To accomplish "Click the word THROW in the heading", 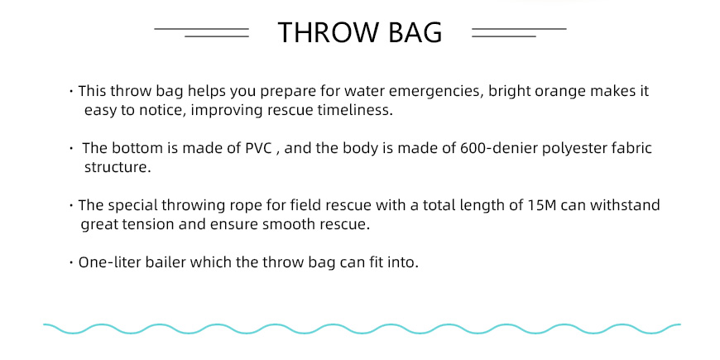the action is pyautogui.click(x=329, y=32).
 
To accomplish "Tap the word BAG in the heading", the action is pyautogui.click(x=415, y=32).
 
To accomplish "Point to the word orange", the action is pyautogui.click(x=557, y=92).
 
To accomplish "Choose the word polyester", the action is pyautogui.click(x=581, y=149).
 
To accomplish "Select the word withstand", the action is pyautogui.click(x=625, y=204).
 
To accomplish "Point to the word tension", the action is pyautogui.click(x=152, y=224).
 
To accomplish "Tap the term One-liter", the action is pyautogui.click(x=110, y=262).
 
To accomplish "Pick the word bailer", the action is pyautogui.click(x=166, y=262).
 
